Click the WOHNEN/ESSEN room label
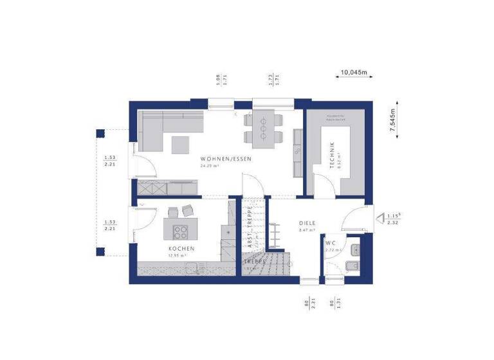click(225, 159)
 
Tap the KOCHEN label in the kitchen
click(181, 248)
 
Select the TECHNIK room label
click(332, 154)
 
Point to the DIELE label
click(306, 224)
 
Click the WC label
click(331, 242)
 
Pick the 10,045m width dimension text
click(354, 73)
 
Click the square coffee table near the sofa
click(179, 144)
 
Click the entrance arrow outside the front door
click(379, 219)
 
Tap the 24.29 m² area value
click(210, 166)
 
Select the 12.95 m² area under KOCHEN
click(176, 255)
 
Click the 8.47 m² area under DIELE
click(307, 230)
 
